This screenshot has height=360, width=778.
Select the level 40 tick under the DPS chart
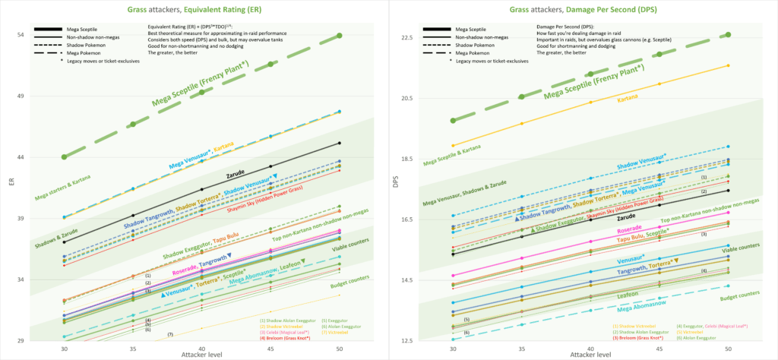pos(590,349)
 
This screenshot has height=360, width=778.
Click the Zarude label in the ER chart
pos(237,174)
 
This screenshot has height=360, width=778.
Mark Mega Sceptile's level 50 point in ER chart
pos(340,36)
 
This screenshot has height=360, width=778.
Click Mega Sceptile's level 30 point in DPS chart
pos(453,121)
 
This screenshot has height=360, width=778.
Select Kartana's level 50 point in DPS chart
pos(728,65)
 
